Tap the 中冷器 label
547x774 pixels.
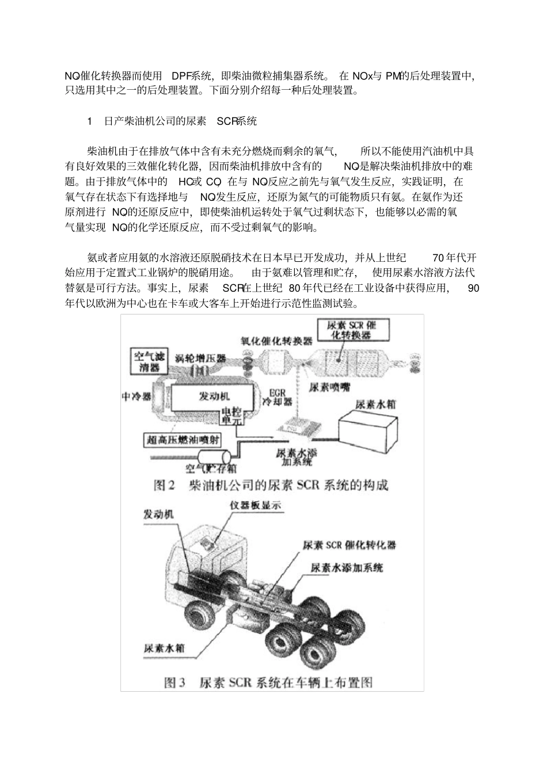(136, 397)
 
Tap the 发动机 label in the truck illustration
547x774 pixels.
(158, 514)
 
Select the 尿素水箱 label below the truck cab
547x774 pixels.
(164, 647)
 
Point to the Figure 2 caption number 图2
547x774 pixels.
(164, 485)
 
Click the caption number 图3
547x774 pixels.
(174, 682)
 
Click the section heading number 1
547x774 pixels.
(89, 121)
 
